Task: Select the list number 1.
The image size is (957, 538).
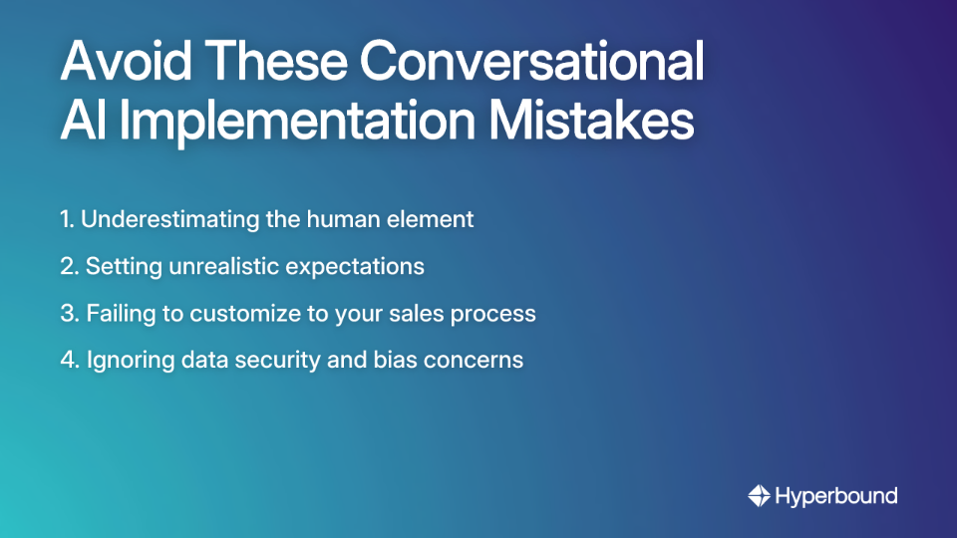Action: [66, 220]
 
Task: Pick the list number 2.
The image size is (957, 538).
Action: [68, 267]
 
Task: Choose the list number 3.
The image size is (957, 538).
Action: [68, 314]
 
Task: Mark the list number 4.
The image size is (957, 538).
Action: [68, 361]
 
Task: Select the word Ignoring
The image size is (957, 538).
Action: [125, 361]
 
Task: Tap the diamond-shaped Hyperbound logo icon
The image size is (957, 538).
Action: [759, 495]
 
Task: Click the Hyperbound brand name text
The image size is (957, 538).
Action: [835, 495]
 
